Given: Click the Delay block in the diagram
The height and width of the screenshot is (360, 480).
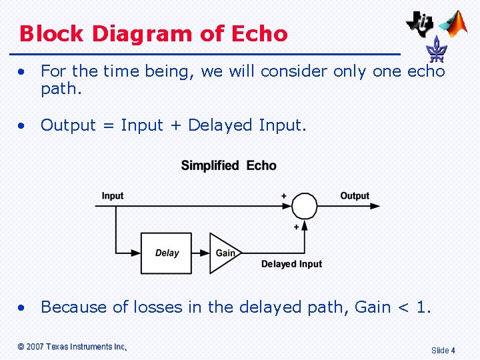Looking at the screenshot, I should [166, 253].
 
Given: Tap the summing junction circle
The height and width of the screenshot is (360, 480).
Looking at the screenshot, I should [305, 206].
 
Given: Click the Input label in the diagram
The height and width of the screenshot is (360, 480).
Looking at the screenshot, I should [113, 195].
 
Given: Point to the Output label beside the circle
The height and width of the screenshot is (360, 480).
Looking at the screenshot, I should [355, 195].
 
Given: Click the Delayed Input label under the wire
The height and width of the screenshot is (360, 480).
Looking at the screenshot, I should [291, 264].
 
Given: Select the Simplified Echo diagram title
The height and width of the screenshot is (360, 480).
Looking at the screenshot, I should [229, 165].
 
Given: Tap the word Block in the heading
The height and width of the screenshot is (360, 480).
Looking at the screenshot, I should [52, 33].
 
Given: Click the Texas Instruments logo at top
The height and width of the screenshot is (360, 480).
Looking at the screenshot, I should [420, 23].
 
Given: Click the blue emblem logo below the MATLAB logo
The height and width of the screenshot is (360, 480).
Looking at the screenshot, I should [437, 49].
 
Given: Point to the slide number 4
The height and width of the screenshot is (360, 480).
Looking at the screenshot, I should [453, 350].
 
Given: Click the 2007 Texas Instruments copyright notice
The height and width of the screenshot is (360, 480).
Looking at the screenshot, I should [72, 347].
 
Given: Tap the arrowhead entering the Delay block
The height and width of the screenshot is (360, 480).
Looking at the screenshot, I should [136, 253].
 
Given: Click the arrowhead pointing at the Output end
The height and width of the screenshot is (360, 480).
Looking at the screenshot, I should [375, 206].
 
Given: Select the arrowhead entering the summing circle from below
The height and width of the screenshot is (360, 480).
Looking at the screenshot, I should [305, 223].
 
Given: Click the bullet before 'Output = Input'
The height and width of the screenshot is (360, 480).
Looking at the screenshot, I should [23, 125].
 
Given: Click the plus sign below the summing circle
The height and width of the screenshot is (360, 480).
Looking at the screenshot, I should [296, 227].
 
